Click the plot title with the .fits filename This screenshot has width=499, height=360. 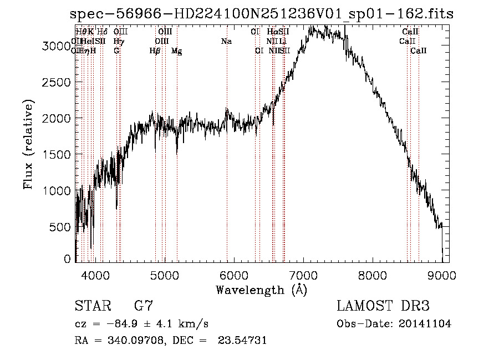click(262, 14)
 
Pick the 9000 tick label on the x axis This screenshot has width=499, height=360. click(442, 275)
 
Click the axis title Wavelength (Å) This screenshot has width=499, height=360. click(261, 290)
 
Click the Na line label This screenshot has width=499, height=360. click(226, 42)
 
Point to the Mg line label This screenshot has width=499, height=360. click(176, 51)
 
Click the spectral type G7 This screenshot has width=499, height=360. click(144, 306)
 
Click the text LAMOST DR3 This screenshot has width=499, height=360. click(383, 306)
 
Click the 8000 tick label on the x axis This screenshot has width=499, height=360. click(373, 275)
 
